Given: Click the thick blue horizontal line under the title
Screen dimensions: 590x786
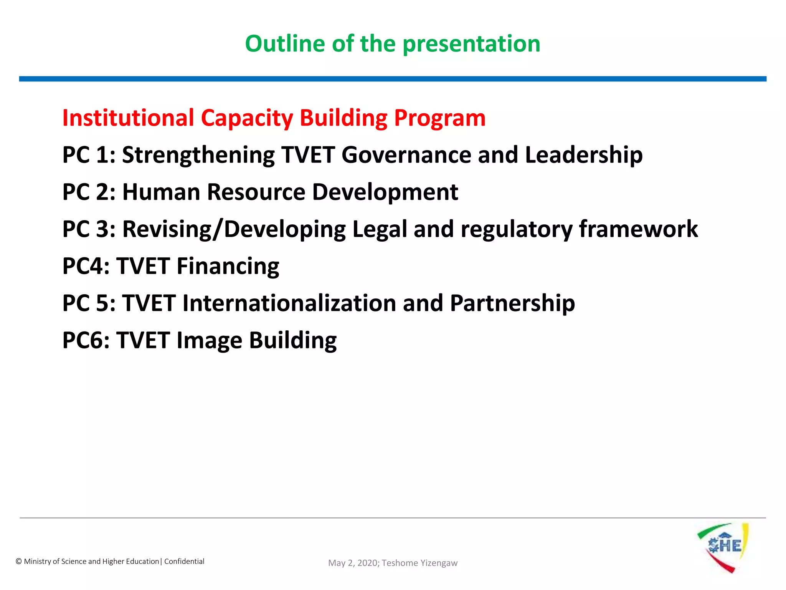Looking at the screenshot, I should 393,79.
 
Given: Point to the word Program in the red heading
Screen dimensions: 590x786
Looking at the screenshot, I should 440,118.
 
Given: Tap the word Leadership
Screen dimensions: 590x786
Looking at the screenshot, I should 583,155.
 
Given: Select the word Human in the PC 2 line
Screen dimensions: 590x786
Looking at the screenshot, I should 161,192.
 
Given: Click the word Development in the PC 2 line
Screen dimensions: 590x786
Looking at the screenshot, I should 385,192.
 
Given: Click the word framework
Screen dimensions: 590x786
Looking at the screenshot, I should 638,229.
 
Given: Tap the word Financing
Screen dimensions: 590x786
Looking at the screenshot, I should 228,267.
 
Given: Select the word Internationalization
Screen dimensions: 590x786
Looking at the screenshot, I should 289,303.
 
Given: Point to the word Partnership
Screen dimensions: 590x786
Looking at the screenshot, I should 512,303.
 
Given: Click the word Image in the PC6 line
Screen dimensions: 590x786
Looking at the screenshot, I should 209,341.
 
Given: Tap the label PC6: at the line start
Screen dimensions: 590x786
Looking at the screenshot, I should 86,340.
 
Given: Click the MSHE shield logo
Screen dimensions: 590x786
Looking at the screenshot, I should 723,547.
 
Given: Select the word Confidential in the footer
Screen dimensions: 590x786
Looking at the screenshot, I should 184,561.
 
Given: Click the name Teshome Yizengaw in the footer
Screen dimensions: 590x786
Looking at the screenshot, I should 419,563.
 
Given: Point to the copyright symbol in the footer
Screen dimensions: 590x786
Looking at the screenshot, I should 18,562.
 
